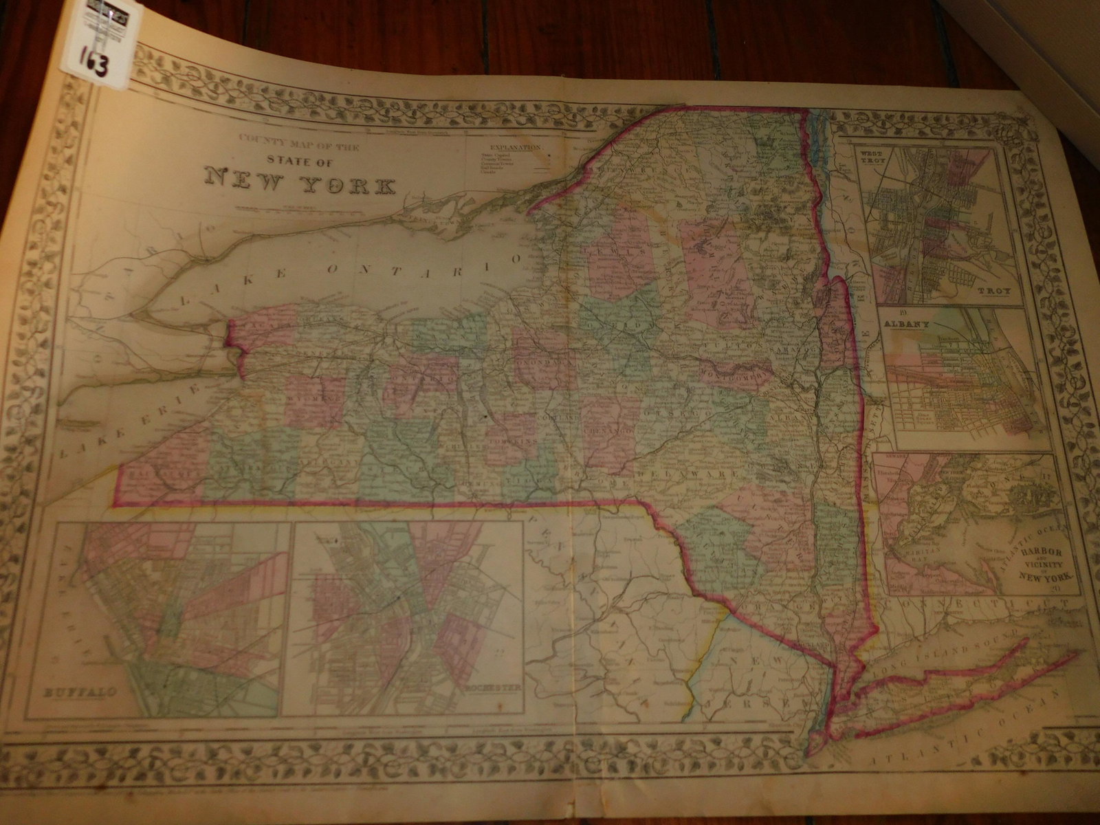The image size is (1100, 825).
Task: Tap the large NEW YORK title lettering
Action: click(x=301, y=185)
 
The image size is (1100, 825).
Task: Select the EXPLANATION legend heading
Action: click(x=515, y=147)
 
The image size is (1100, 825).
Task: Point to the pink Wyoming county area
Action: click(x=313, y=399)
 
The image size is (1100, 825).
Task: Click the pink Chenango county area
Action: click(x=610, y=426)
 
